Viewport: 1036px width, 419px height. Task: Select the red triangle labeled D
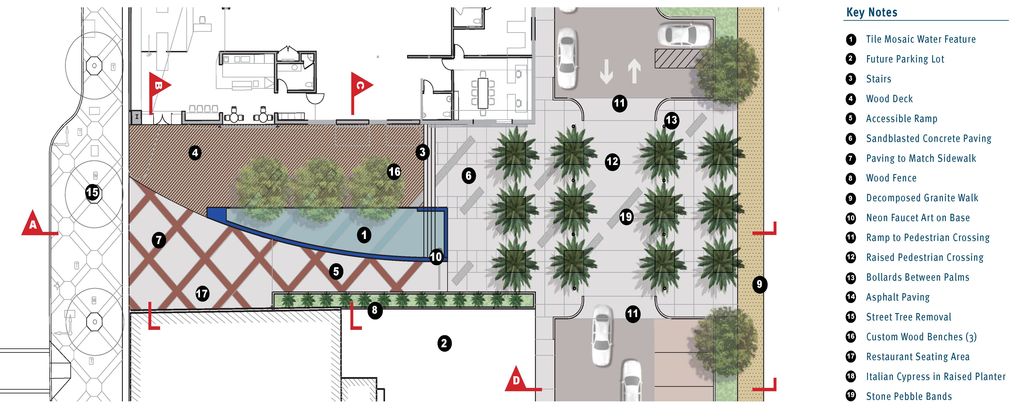[516, 379]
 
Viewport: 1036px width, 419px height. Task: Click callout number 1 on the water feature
[364, 235]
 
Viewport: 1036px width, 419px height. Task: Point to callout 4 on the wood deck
[195, 152]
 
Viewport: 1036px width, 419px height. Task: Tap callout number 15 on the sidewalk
[92, 192]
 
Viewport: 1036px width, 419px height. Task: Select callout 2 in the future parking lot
[444, 343]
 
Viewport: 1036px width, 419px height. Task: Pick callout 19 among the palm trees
[626, 217]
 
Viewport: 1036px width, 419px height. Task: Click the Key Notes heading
[871, 13]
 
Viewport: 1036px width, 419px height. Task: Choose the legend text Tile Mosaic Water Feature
[921, 39]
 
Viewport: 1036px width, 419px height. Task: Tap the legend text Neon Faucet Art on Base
[918, 218]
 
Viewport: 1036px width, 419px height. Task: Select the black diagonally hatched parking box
[677, 58]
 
